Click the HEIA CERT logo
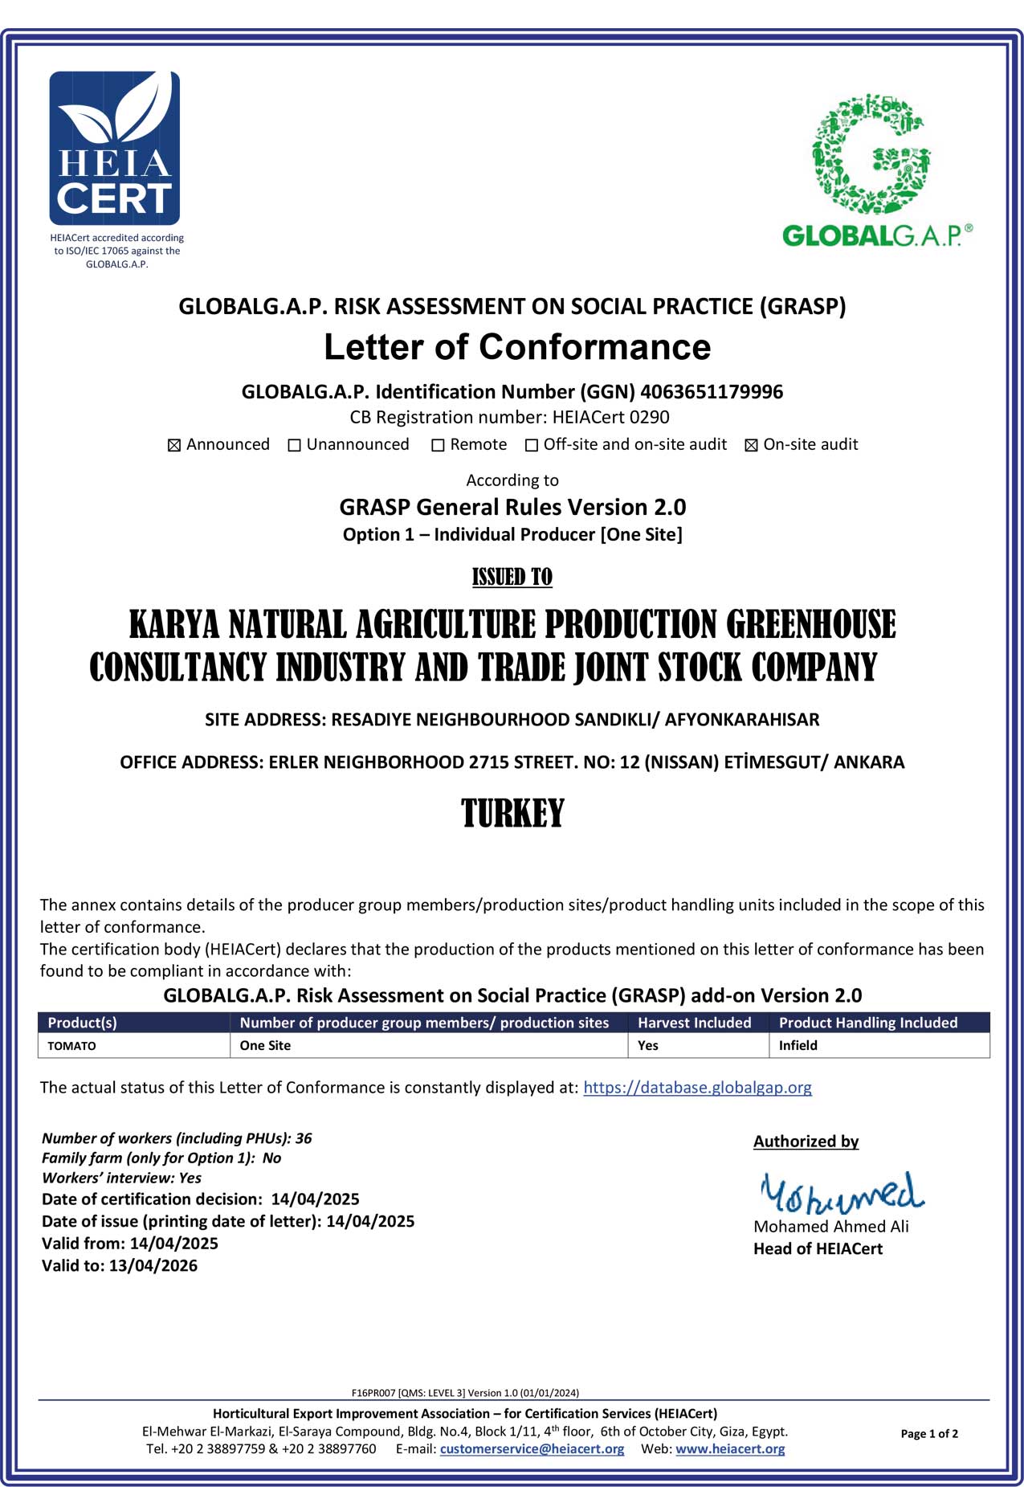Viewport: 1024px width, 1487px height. [115, 149]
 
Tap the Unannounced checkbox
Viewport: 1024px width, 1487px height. [294, 445]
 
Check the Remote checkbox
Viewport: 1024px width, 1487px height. [438, 445]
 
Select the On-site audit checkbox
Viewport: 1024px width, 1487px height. [751, 445]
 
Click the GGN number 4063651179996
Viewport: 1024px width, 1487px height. [711, 392]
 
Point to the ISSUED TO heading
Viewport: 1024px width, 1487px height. [512, 577]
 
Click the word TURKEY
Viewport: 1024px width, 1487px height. [512, 813]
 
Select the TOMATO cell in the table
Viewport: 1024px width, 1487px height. [71, 1046]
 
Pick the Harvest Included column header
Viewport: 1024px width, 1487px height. [694, 1023]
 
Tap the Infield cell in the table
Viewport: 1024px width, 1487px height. [798, 1045]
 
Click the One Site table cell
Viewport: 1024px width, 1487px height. [265, 1045]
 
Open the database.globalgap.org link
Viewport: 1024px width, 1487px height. [697, 1087]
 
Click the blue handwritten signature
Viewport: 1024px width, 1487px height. [841, 1192]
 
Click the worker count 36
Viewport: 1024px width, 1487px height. [304, 1138]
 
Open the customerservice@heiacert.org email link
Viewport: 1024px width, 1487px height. [532, 1448]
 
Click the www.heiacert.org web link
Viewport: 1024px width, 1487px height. [730, 1448]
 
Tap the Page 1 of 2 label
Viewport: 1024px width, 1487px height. [929, 1433]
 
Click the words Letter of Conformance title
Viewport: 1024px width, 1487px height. [517, 347]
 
